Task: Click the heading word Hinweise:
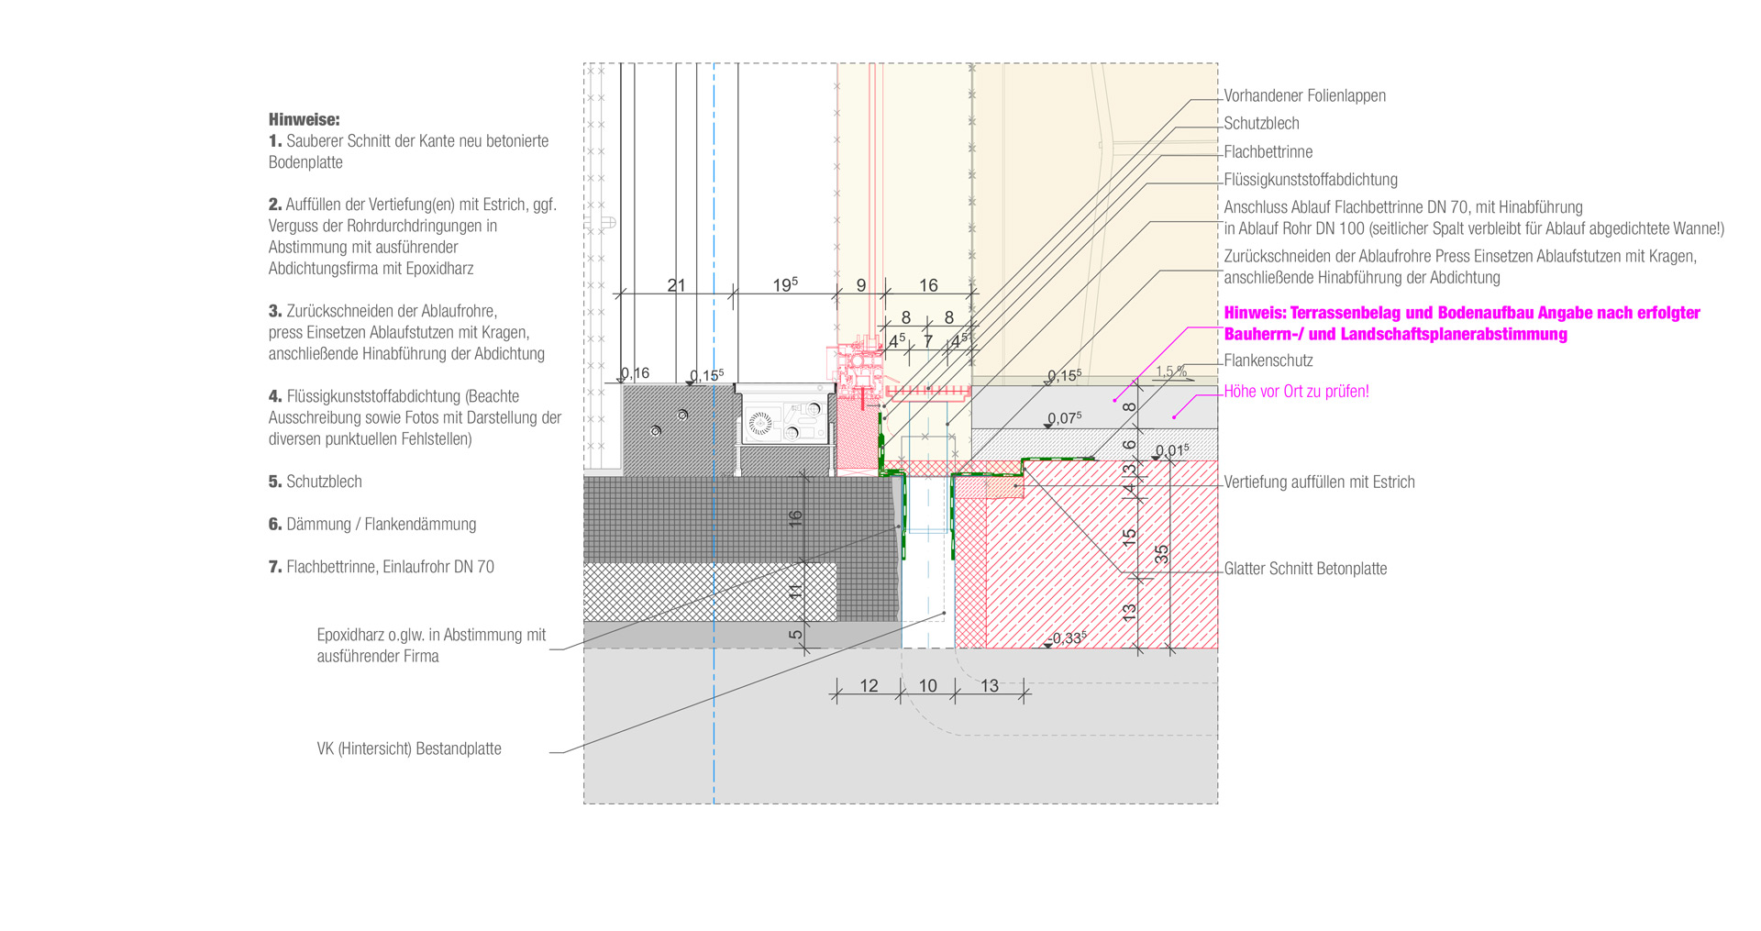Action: [304, 119]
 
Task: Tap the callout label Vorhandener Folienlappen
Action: [1304, 95]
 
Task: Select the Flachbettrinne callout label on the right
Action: [1268, 152]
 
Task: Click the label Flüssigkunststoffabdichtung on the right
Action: [1311, 180]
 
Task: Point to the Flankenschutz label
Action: [1268, 361]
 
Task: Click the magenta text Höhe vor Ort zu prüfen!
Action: [1296, 392]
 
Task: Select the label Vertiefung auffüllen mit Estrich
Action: [1319, 482]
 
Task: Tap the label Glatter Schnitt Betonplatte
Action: [1305, 569]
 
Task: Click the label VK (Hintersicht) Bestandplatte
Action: [409, 749]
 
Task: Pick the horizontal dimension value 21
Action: [676, 285]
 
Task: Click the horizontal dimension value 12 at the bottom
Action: [869, 686]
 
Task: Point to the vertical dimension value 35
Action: [1162, 554]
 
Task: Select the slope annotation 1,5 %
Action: [1171, 371]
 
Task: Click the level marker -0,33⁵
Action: [1069, 638]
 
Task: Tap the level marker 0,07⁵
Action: [1065, 418]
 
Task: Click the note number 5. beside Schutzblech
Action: [275, 482]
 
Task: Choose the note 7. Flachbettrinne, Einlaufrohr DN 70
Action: [381, 568]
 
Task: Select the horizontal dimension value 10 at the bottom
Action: [927, 686]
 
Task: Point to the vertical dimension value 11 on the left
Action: [795, 592]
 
